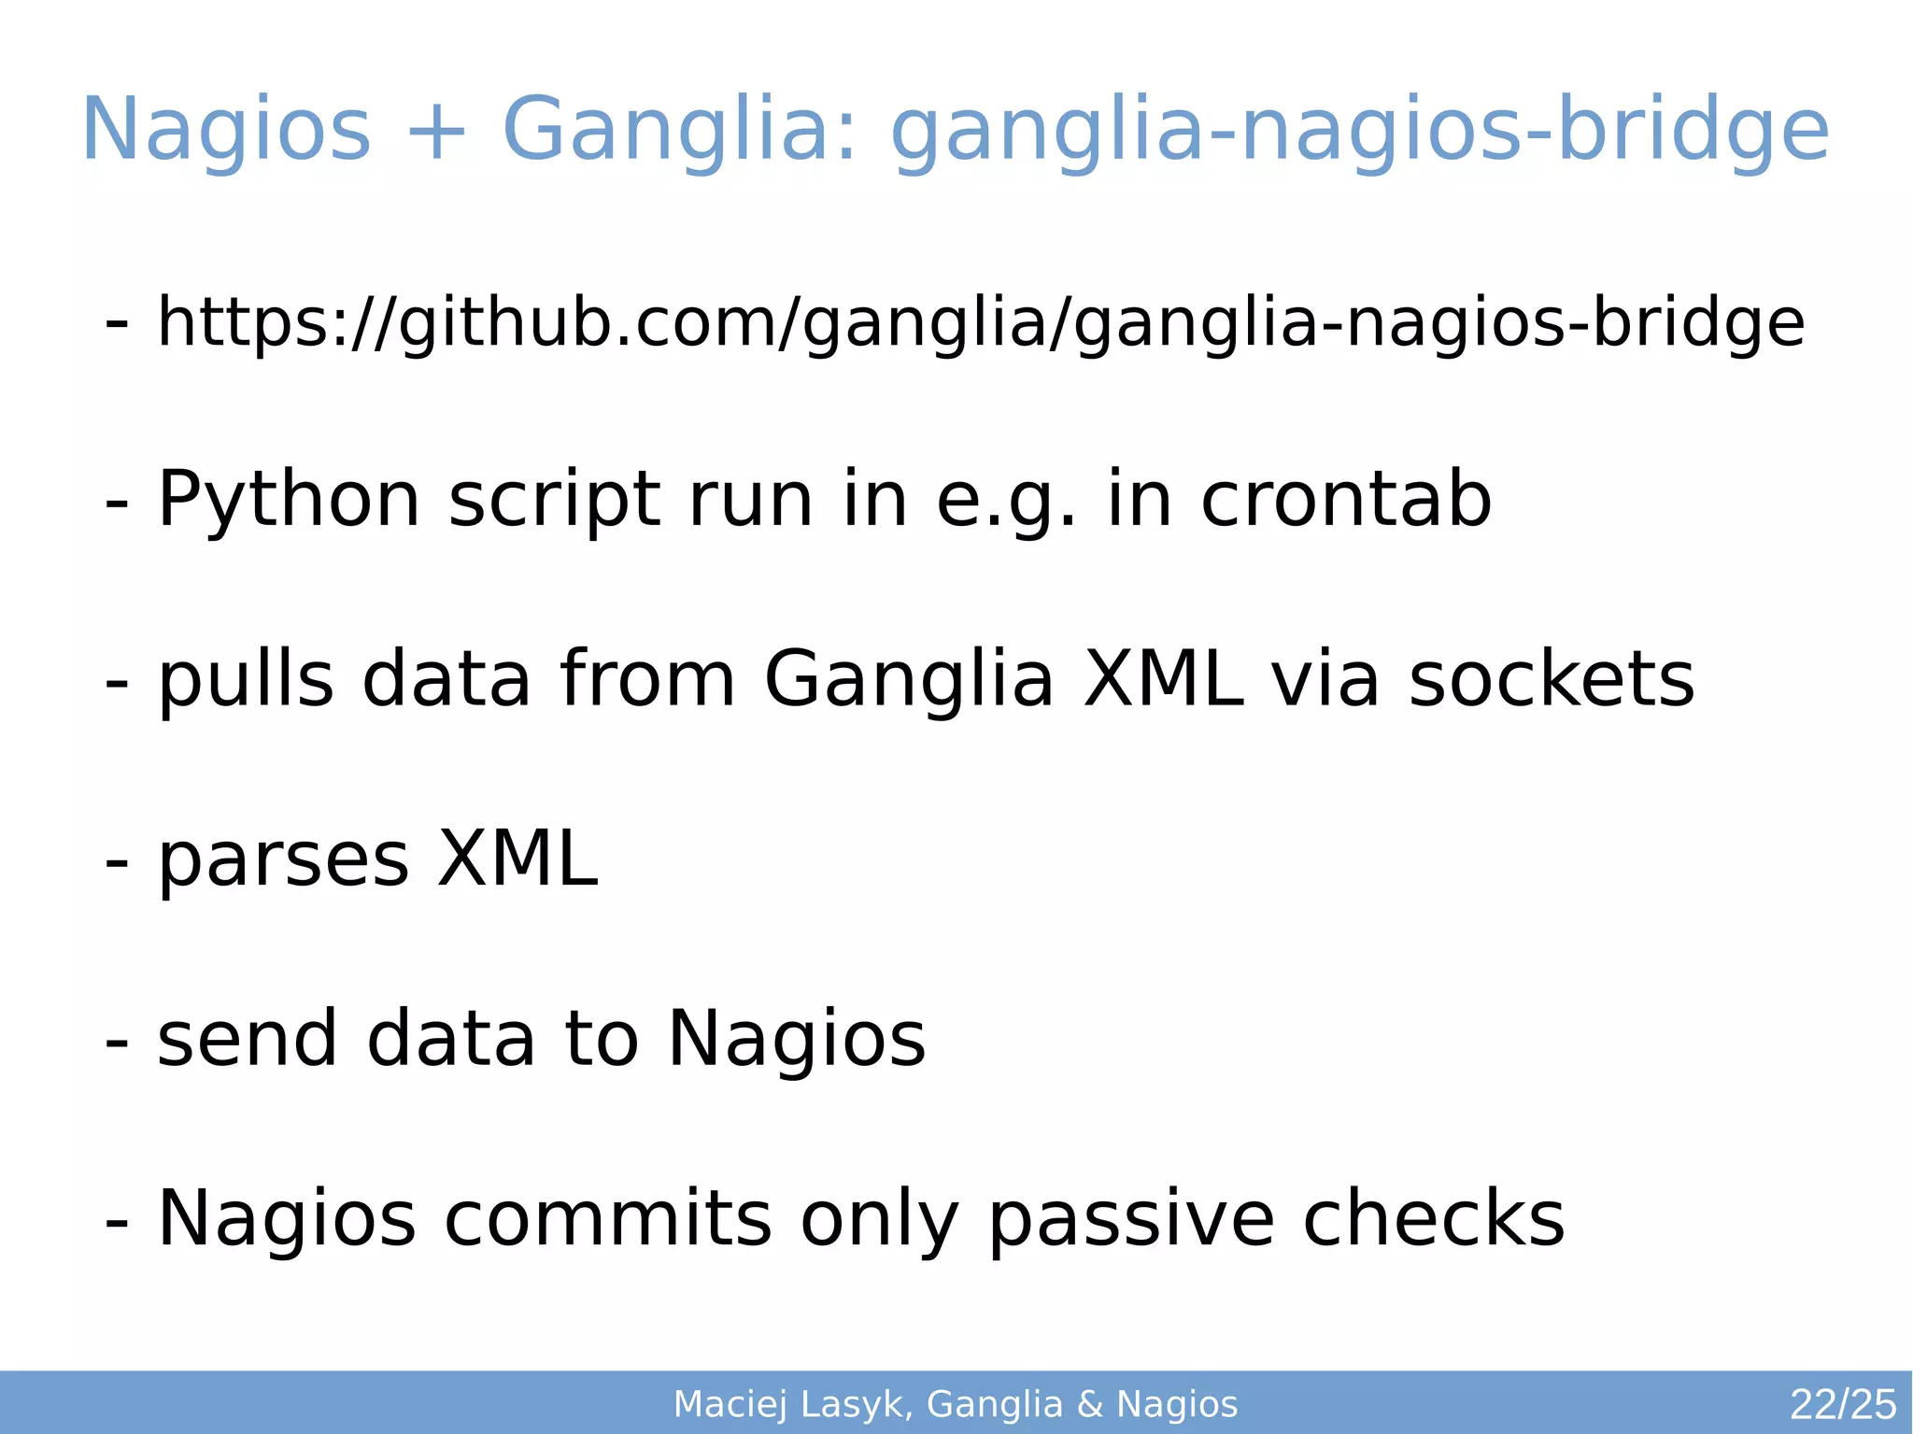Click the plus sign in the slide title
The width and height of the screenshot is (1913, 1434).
(x=435, y=132)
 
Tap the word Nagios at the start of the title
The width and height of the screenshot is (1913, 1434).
(x=227, y=130)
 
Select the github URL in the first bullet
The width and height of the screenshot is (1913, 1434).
(x=981, y=323)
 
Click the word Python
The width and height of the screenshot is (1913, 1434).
(x=289, y=502)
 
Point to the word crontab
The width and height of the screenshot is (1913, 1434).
(x=1346, y=500)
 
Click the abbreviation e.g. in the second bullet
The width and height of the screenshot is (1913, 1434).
(x=1006, y=502)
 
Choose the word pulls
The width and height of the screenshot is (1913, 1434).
(x=246, y=681)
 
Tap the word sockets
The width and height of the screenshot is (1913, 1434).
(x=1552, y=679)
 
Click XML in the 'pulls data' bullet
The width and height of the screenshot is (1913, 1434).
(x=1163, y=679)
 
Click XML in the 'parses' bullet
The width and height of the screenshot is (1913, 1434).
(x=517, y=859)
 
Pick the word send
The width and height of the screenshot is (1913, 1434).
(x=248, y=1039)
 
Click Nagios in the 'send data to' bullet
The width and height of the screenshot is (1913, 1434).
(x=797, y=1039)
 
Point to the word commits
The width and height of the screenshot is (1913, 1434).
(x=608, y=1218)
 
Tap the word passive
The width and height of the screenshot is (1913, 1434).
(x=1131, y=1220)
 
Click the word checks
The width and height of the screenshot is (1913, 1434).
(x=1434, y=1218)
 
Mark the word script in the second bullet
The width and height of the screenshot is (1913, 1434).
(x=554, y=502)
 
